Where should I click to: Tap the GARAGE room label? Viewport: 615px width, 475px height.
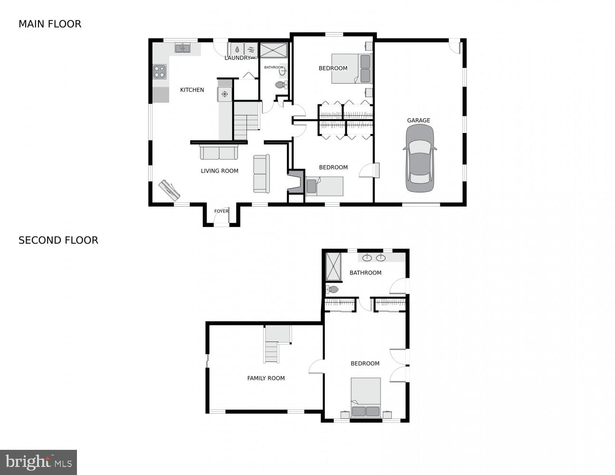tap(418, 120)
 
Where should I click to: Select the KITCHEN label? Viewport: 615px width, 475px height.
tap(192, 90)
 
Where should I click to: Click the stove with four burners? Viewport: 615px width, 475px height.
tap(160, 72)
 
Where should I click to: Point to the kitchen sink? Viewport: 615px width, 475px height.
tap(182, 48)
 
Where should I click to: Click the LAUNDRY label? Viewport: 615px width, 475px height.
tap(237, 58)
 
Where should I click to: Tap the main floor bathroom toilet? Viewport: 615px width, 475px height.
tap(281, 85)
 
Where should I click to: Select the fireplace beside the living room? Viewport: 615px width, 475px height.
tap(295, 182)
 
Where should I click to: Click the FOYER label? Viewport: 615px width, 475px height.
tap(221, 211)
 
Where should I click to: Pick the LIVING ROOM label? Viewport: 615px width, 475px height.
tap(219, 171)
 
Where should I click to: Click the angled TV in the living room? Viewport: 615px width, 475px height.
tap(170, 190)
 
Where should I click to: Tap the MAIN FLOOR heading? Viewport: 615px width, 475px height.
tap(50, 24)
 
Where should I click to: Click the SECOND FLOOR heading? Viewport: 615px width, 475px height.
tap(58, 240)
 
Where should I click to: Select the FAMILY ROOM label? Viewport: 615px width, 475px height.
tap(266, 378)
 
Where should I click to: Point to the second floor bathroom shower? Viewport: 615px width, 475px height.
tap(333, 266)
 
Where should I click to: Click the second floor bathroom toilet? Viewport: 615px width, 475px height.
tap(332, 289)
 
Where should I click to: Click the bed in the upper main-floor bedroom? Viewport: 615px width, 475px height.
tap(351, 68)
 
